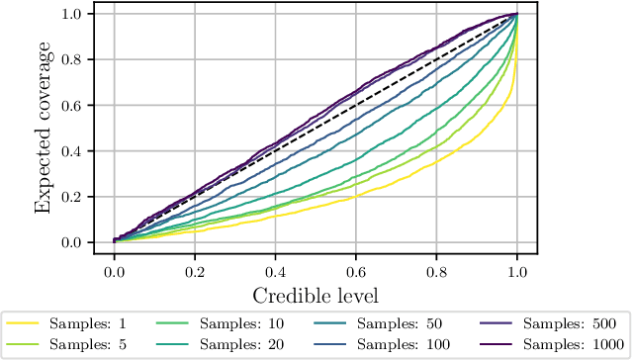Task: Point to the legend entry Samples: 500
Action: click(x=558, y=323)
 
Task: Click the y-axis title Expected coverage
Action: click(x=44, y=129)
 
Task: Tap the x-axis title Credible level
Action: click(x=316, y=295)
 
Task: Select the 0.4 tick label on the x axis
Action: click(x=275, y=269)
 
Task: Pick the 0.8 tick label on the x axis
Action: click(x=436, y=269)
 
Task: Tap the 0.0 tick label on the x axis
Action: click(x=114, y=269)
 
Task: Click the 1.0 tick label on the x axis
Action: click(x=517, y=269)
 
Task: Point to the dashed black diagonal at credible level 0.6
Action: click(x=356, y=105)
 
